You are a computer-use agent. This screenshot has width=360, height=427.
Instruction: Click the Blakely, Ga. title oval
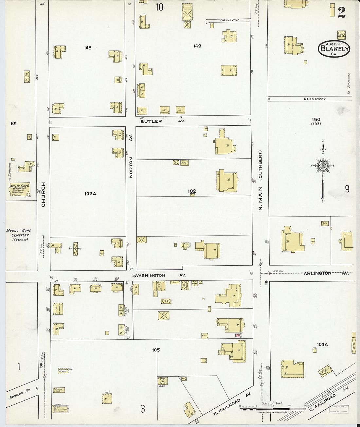[x=334, y=49]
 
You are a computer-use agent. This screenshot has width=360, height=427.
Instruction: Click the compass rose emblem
[x=323, y=166]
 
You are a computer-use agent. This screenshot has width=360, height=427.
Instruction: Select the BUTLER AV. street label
[x=163, y=121]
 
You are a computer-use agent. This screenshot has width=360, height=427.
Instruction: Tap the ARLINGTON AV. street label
[x=326, y=273]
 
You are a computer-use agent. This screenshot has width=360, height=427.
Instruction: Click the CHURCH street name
[x=43, y=194]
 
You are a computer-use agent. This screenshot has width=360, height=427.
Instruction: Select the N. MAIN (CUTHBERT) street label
[x=261, y=180]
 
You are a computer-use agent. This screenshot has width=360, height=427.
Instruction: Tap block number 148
[x=88, y=48]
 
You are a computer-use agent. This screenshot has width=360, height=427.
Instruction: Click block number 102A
[x=90, y=194]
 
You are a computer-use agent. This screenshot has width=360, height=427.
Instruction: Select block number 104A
[x=322, y=344]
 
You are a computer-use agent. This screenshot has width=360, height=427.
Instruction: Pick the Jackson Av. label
[x=19, y=395]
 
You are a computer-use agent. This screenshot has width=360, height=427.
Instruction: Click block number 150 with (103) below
[x=316, y=121]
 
